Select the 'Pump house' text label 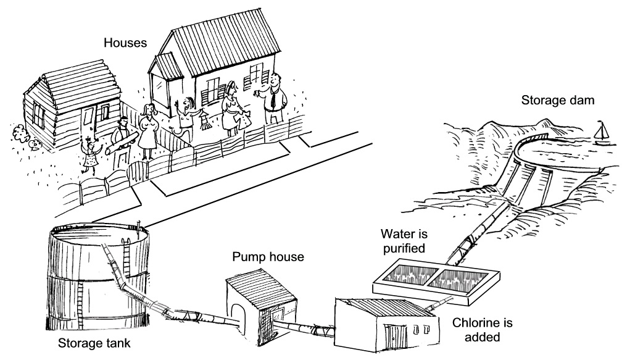pos(268,256)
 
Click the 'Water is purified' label pos(404,241)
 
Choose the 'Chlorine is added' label pos(483,330)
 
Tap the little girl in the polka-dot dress pos(91,154)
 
